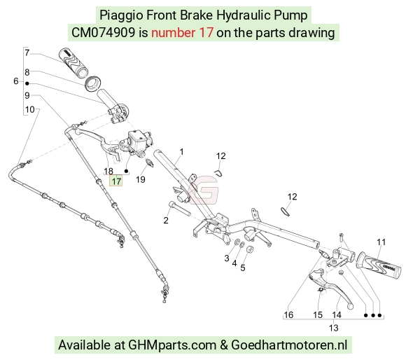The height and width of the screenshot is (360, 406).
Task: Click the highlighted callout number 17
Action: pyautogui.click(x=116, y=181)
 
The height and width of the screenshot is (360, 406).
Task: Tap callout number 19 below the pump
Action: pyautogui.click(x=141, y=179)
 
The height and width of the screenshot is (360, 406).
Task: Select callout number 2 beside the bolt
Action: pyautogui.click(x=166, y=220)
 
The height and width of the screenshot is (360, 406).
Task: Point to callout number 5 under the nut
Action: pyautogui.click(x=243, y=268)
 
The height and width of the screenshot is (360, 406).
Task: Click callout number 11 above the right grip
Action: pyautogui.click(x=381, y=242)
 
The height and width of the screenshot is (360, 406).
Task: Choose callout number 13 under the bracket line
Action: pyautogui.click(x=333, y=328)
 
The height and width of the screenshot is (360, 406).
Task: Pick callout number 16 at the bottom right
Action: pyautogui.click(x=288, y=314)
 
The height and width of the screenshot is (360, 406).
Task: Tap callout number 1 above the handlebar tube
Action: pyautogui.click(x=181, y=152)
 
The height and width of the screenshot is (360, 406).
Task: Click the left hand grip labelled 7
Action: pyautogui.click(x=73, y=62)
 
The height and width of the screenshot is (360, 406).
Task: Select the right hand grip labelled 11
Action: pyautogui.click(x=379, y=268)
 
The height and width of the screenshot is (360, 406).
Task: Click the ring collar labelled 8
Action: pyautogui.click(x=92, y=83)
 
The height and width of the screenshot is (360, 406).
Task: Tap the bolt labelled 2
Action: pyautogui.click(x=180, y=209)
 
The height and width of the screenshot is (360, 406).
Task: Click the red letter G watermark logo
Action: pyautogui.click(x=204, y=190)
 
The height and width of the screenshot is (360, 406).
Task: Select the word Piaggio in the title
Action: pyautogui.click(x=121, y=15)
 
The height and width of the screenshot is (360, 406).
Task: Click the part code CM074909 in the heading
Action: pyautogui.click(x=103, y=33)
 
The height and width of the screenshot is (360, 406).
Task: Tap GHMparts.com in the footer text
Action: pyautogui.click(x=172, y=345)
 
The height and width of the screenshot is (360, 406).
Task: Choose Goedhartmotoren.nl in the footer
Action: pyautogui.click(x=289, y=345)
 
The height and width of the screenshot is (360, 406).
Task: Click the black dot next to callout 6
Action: pyautogui.click(x=27, y=83)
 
